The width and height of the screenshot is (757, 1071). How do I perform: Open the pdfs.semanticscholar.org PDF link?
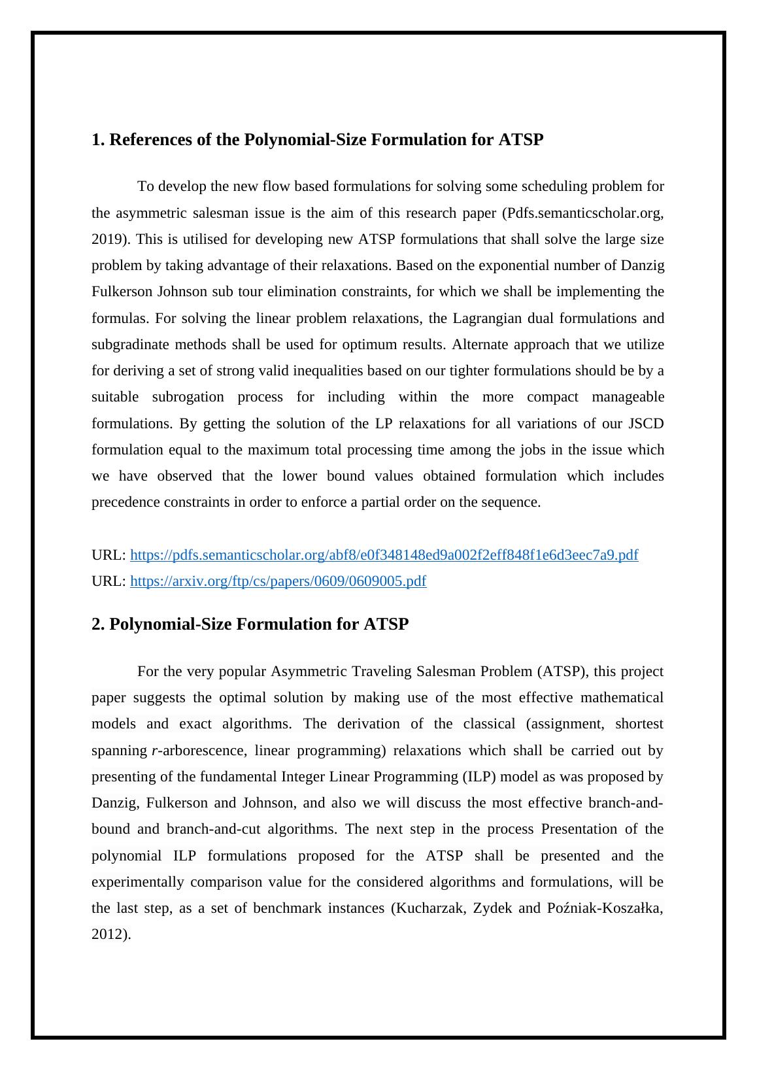(x=384, y=555)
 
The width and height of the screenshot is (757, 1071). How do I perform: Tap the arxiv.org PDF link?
(x=278, y=581)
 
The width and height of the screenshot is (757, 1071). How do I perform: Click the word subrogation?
(x=188, y=397)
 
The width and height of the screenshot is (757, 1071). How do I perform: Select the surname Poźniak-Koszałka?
(x=602, y=908)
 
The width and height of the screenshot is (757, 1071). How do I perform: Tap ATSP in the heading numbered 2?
(x=386, y=624)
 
